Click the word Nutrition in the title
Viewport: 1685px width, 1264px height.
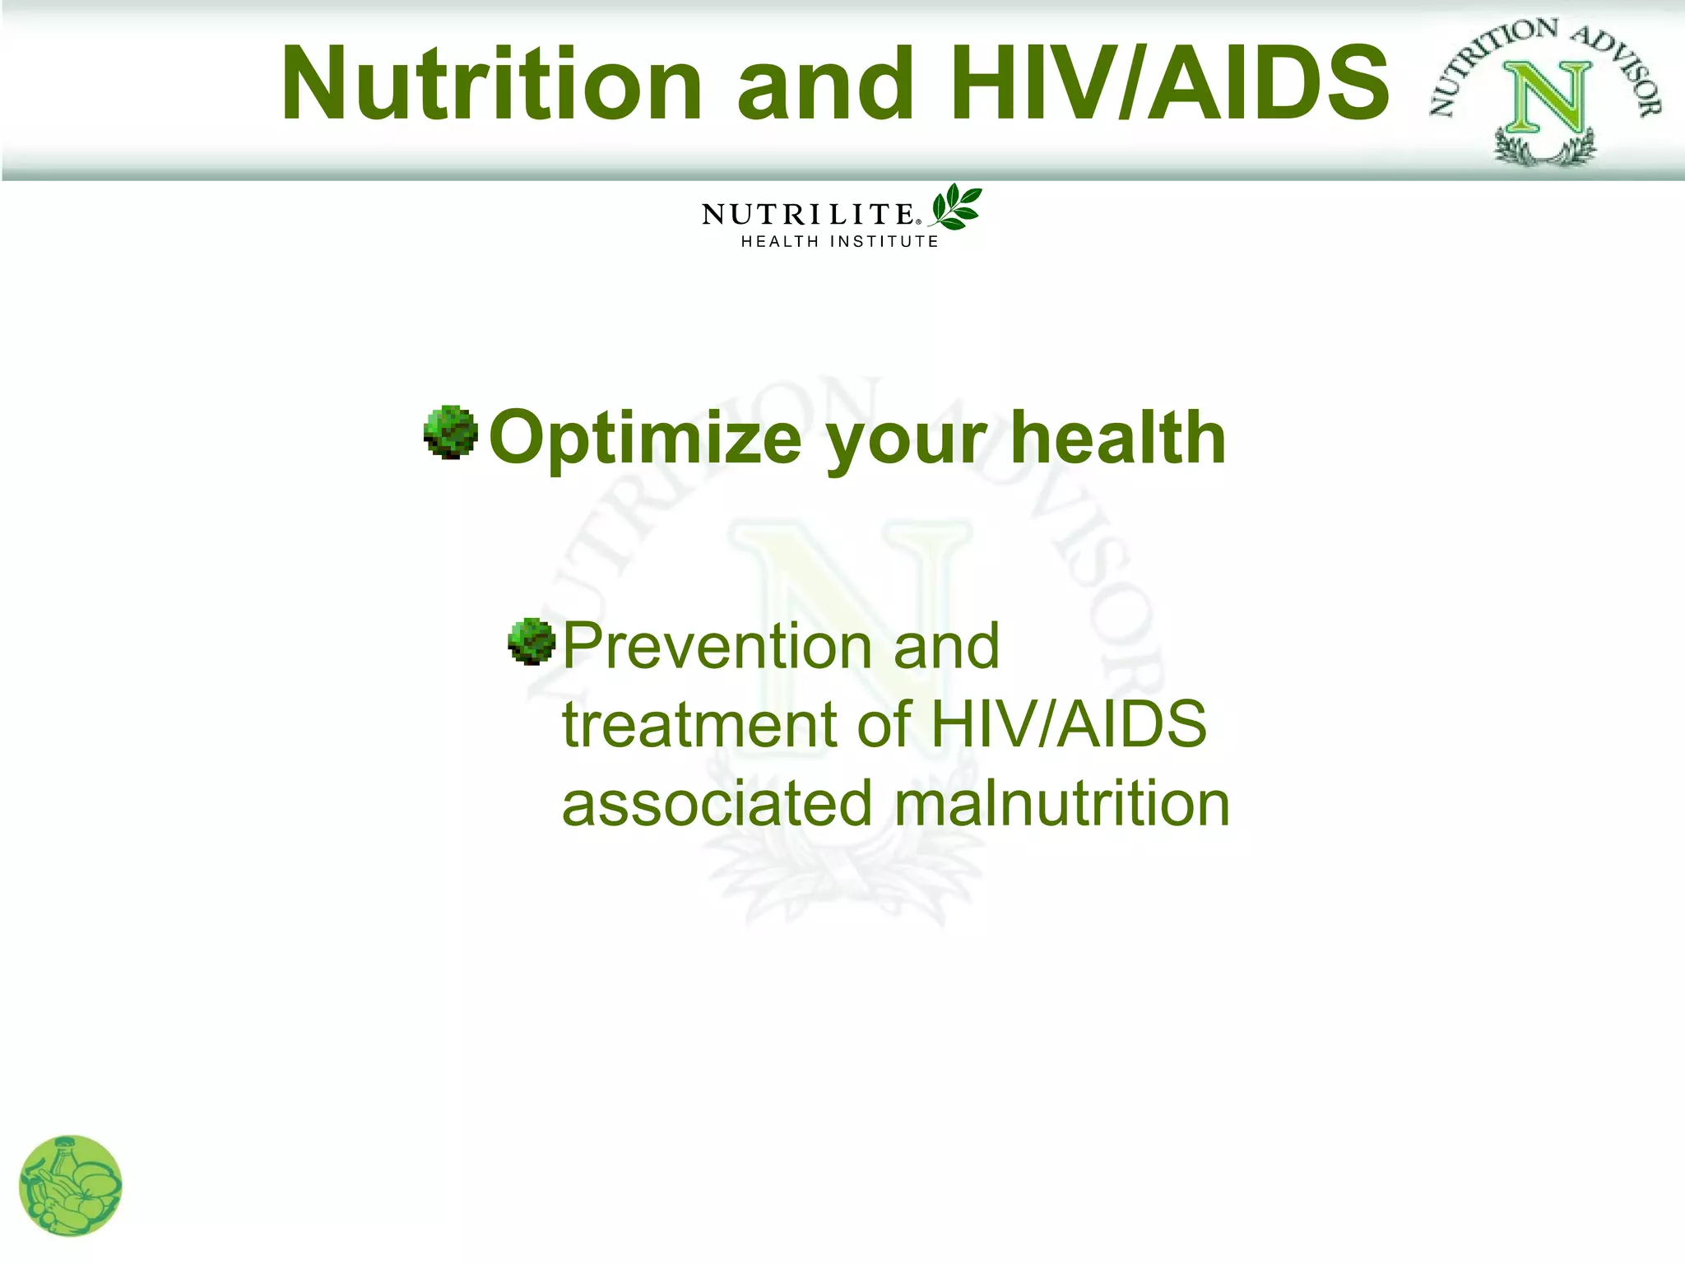(x=491, y=85)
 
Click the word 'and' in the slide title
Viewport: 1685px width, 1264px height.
(x=825, y=85)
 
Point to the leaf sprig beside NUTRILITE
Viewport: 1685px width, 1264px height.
(x=956, y=207)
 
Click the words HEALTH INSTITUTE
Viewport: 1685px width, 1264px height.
(x=839, y=242)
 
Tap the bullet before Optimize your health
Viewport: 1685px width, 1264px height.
(x=451, y=432)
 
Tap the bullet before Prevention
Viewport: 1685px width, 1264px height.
(x=532, y=641)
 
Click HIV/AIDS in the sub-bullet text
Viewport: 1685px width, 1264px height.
(x=1068, y=724)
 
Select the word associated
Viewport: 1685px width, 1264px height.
(x=717, y=803)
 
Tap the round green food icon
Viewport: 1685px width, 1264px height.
(x=70, y=1186)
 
